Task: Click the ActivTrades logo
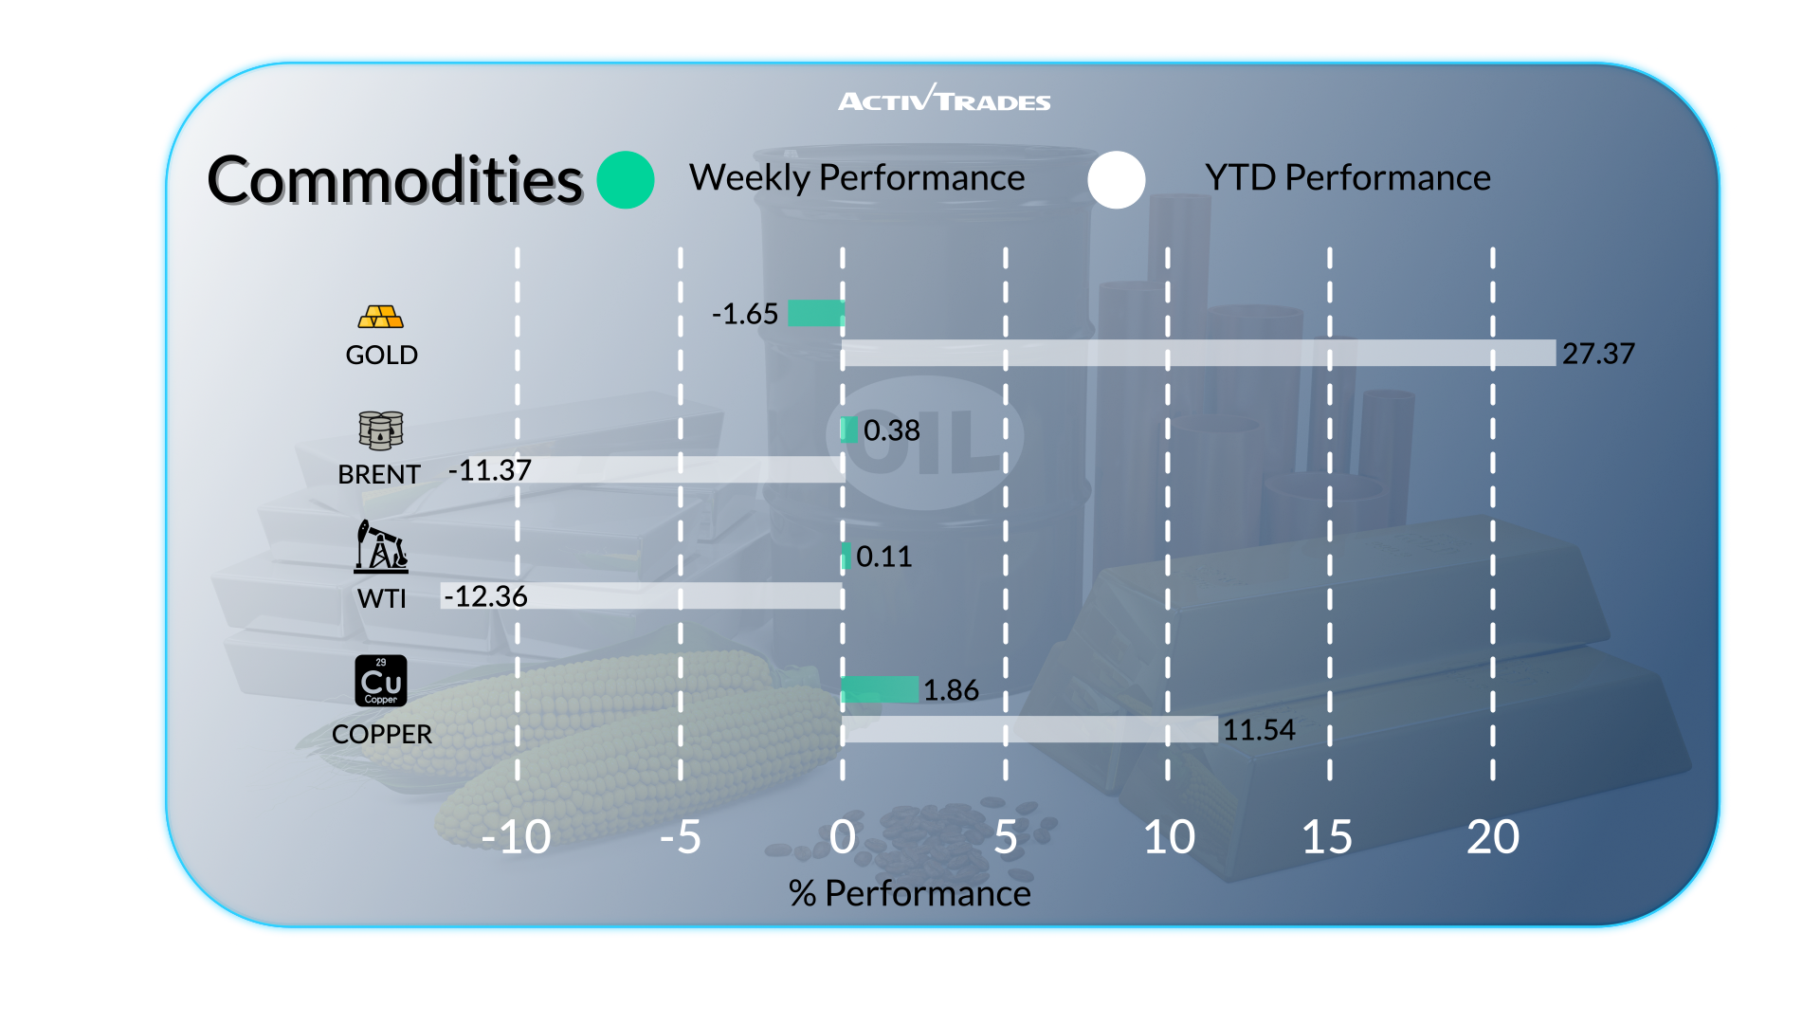pyautogui.click(x=944, y=99)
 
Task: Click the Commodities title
pyautogui.click(x=394, y=180)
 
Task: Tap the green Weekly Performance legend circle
pyautogui.click(x=626, y=180)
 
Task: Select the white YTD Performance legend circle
pyautogui.click(x=1117, y=180)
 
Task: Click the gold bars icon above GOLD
pyautogui.click(x=381, y=317)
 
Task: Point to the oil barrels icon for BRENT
pyautogui.click(x=381, y=430)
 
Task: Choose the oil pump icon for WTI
pyautogui.click(x=381, y=546)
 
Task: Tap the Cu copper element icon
pyautogui.click(x=381, y=681)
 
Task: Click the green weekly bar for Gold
pyautogui.click(x=816, y=313)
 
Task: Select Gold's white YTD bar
pyautogui.click(x=1198, y=353)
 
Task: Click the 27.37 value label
pyautogui.click(x=1598, y=354)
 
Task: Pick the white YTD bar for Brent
pyautogui.click(x=687, y=469)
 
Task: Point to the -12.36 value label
pyautogui.click(x=485, y=596)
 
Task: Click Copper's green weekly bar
pyautogui.click(x=880, y=689)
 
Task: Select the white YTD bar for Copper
pyautogui.click(x=1029, y=729)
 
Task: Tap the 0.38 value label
pyautogui.click(x=891, y=430)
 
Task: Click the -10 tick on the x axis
pyautogui.click(x=516, y=837)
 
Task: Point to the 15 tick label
pyautogui.click(x=1327, y=837)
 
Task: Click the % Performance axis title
pyautogui.click(x=909, y=893)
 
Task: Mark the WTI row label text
pyautogui.click(x=381, y=599)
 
